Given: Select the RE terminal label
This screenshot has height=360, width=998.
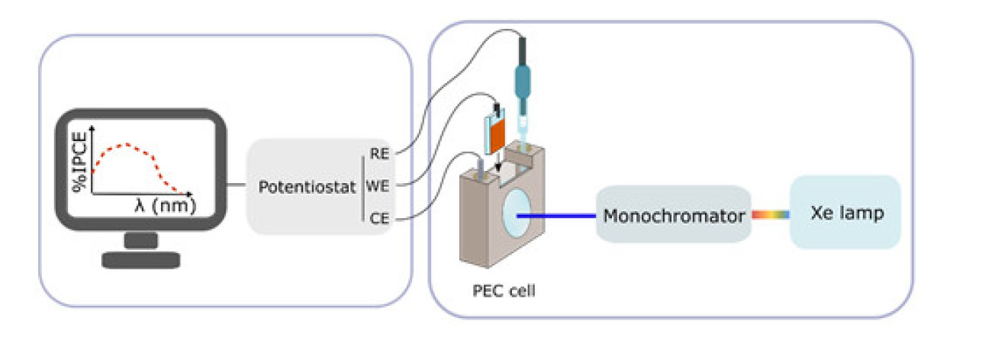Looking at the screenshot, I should coord(379,153).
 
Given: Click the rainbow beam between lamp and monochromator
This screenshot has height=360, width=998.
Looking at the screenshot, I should coord(770,215).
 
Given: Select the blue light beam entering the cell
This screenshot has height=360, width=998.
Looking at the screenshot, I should coord(557,215).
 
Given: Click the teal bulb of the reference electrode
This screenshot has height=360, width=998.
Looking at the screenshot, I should coord(526,80).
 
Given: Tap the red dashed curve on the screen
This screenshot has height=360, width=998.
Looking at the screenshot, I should coord(128,144).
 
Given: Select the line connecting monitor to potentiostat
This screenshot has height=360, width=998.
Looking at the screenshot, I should coord(237,185).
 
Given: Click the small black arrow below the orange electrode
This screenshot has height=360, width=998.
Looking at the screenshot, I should coord(497,166).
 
